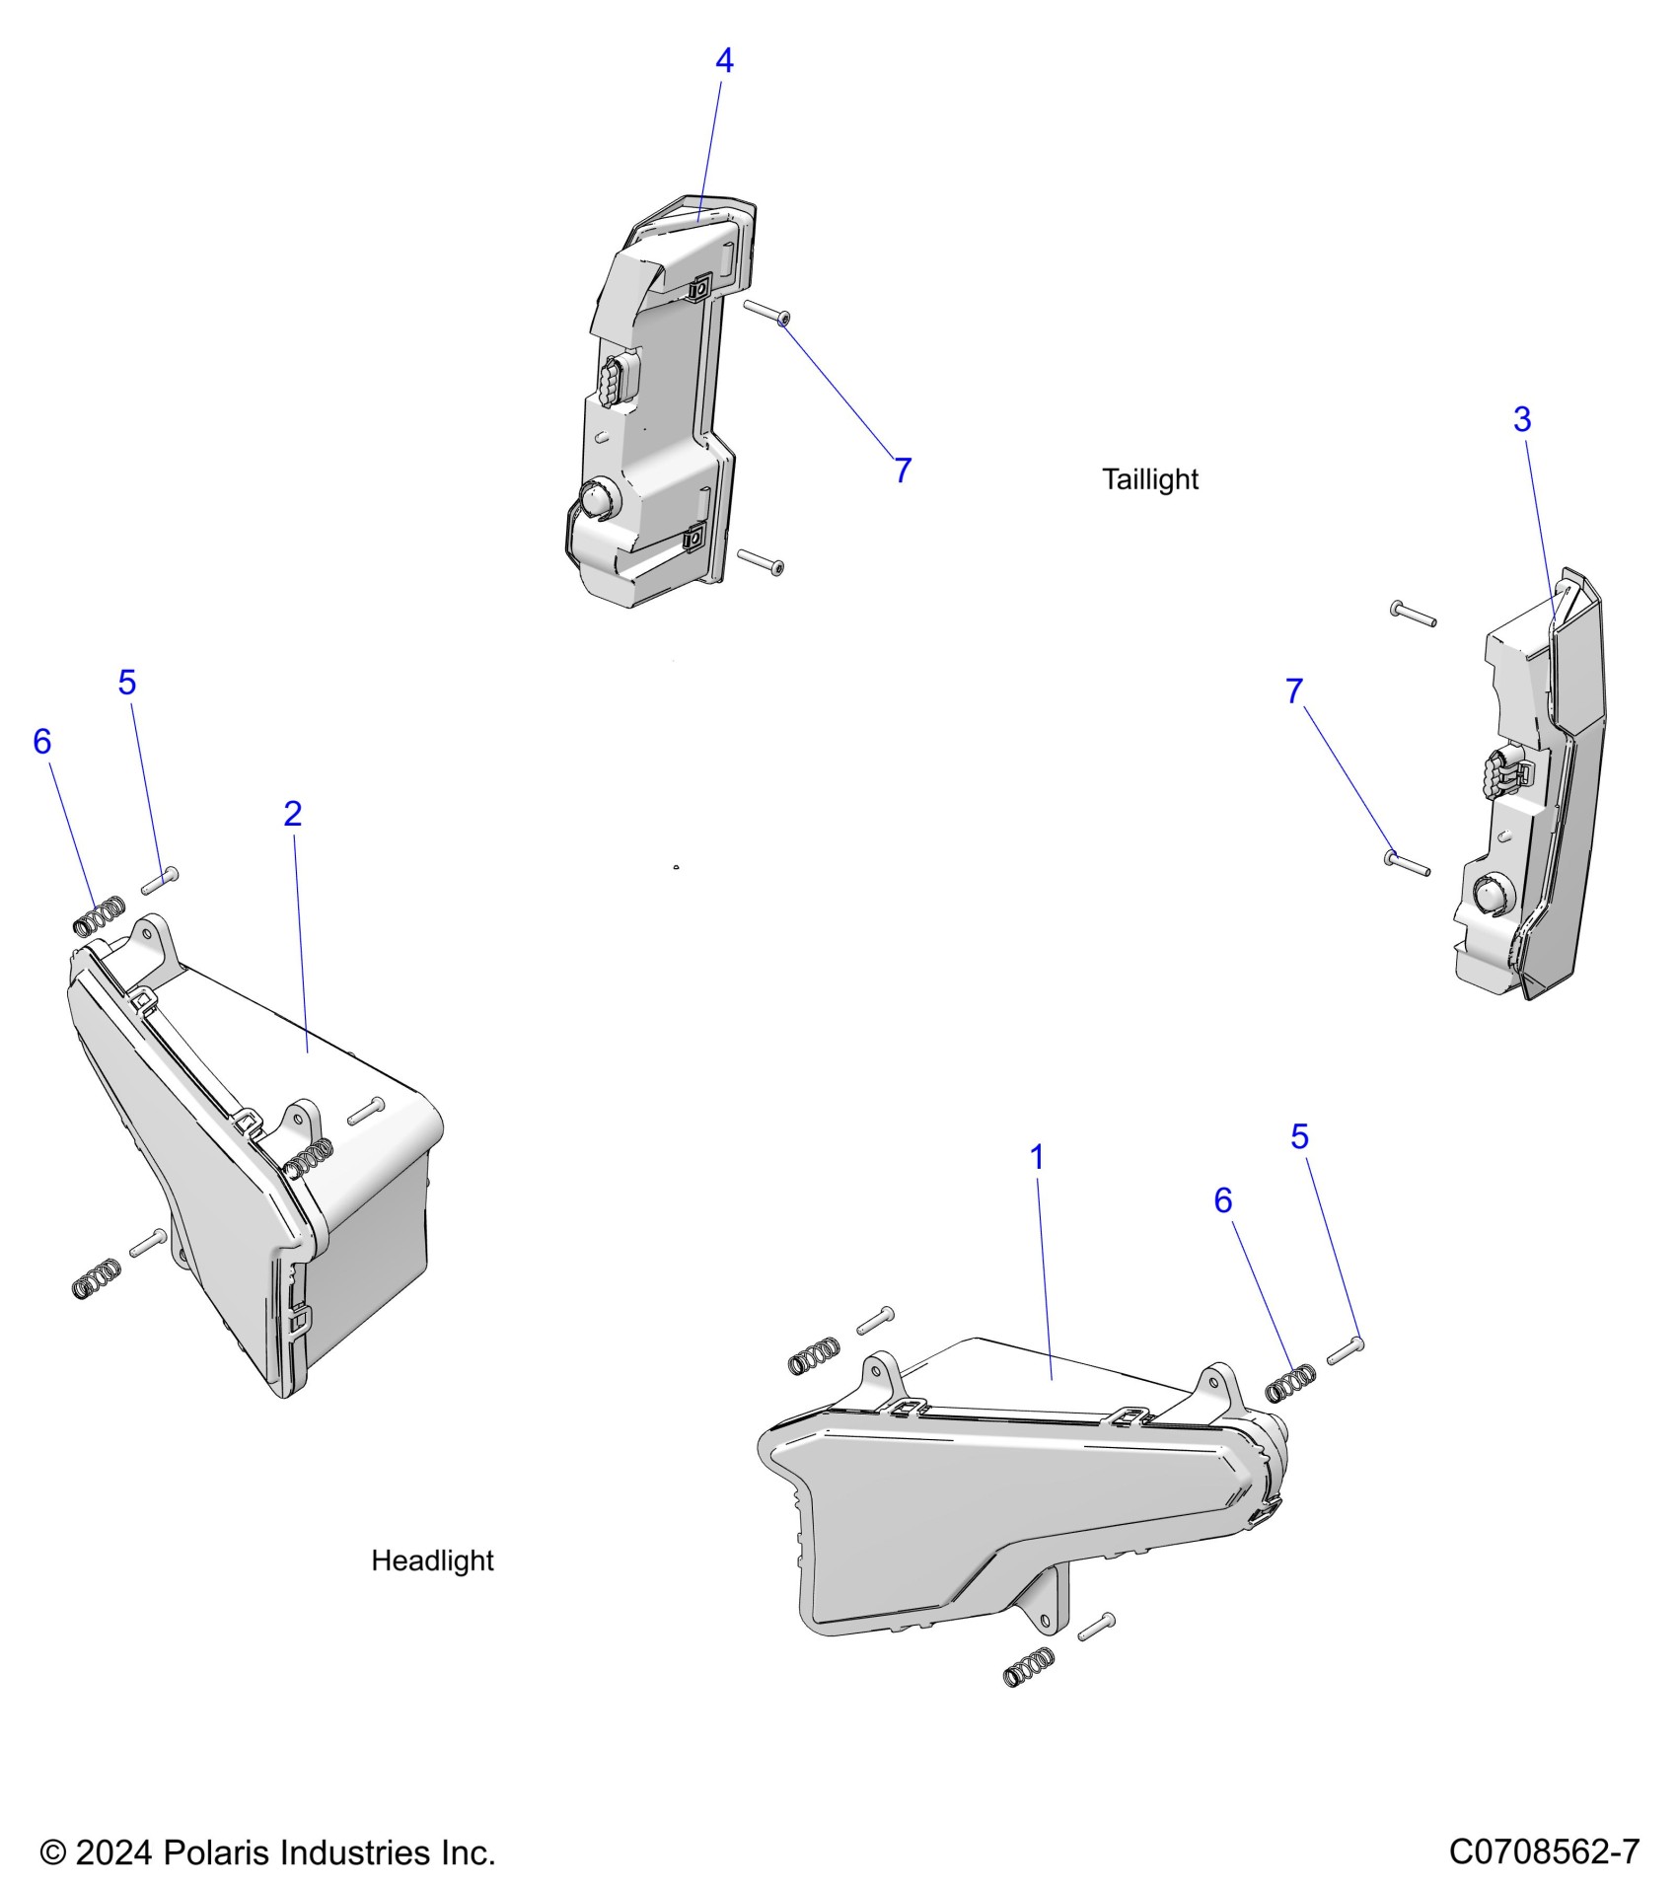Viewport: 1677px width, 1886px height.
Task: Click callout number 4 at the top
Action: coord(724,61)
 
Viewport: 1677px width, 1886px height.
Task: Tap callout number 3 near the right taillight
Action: coord(1522,420)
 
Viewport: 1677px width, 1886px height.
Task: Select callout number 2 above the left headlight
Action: coord(292,814)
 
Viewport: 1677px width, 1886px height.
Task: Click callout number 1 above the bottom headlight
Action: coord(1036,1158)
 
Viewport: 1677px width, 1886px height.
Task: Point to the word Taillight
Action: coord(1149,479)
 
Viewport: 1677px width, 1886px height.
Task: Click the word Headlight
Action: coord(432,1560)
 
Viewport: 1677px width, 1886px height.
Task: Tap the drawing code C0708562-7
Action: coord(1544,1851)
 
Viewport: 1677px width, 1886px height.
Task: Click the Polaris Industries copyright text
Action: coord(267,1852)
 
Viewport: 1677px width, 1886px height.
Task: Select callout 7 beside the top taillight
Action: coord(902,471)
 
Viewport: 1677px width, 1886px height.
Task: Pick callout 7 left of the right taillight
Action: coord(1294,691)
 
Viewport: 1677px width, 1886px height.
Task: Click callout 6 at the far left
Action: coord(41,742)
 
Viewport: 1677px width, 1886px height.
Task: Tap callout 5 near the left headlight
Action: coord(127,683)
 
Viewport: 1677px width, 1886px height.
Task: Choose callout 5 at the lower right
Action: coord(1299,1137)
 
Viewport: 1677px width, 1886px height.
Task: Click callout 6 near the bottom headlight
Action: coord(1223,1200)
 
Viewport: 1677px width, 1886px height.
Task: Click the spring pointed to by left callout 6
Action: coord(100,914)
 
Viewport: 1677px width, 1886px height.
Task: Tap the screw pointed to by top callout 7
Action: coord(766,312)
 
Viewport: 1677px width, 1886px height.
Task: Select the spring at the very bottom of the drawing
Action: coord(1028,1667)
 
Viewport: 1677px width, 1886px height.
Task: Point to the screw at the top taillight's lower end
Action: coord(761,560)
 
